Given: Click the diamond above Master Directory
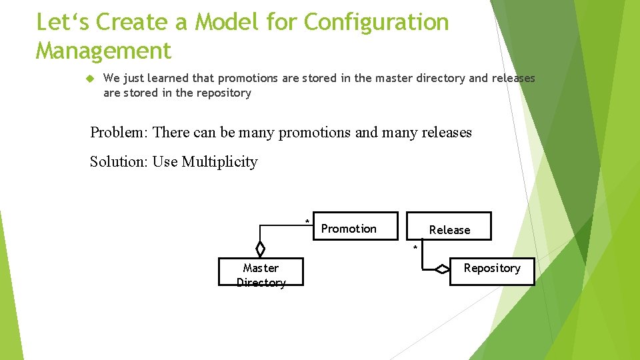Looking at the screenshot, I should tap(261, 249).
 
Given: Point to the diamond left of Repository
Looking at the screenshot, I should tap(442, 269).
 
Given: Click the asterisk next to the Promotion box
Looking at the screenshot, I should tap(307, 221).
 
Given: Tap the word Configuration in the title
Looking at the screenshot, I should tap(376, 22).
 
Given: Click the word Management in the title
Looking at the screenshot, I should tap(103, 50).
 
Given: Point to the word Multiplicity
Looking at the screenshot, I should tap(219, 161).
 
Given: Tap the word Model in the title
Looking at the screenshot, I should tap(225, 22).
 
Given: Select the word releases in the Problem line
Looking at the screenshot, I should tap(446, 132).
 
